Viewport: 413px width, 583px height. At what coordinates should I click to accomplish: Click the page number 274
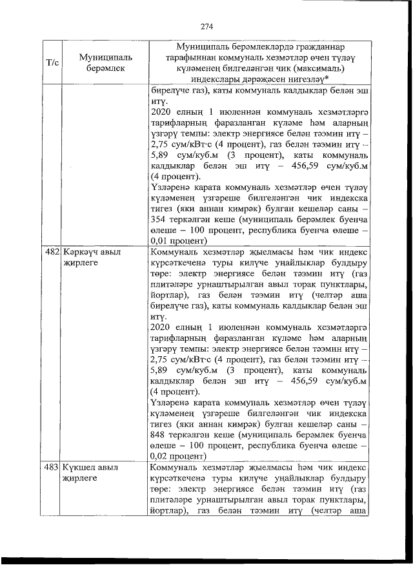pyautogui.click(x=206, y=26)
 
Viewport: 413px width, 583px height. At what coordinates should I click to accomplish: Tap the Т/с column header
pyautogui.click(x=52, y=62)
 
